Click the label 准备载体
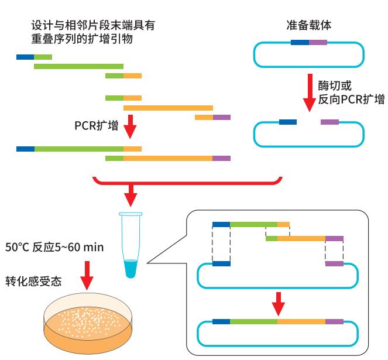click(308, 25)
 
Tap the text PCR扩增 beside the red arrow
click(96, 125)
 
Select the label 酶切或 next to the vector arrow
click(335, 85)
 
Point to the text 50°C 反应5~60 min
click(54, 247)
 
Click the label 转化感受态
click(33, 281)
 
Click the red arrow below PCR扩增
click(130, 126)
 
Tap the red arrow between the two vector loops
click(310, 93)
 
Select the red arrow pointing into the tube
click(131, 196)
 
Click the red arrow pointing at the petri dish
click(87, 276)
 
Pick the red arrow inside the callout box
click(279, 304)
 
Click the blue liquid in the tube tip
click(131, 269)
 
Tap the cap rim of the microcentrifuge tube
click(131, 214)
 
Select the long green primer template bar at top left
click(78, 66)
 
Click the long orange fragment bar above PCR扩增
click(169, 108)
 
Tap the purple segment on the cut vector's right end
click(330, 122)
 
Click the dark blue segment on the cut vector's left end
click(288, 122)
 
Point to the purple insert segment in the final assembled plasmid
click(334, 321)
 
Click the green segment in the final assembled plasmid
click(253, 321)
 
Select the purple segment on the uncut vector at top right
click(318, 43)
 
